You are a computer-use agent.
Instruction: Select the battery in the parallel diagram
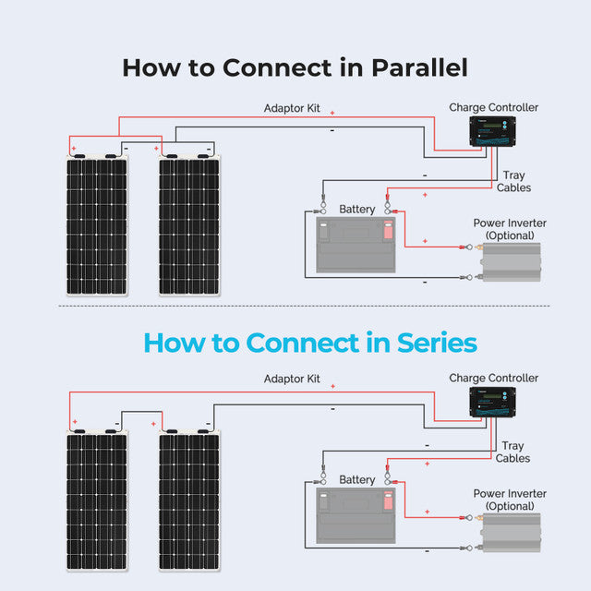click(x=356, y=245)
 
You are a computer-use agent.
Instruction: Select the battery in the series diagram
click(x=356, y=515)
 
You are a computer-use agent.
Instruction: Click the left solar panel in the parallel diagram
click(x=97, y=225)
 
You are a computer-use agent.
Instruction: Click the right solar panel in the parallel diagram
click(x=189, y=225)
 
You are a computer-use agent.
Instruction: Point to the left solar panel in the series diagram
click(x=97, y=501)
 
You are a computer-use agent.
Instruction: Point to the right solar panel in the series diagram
click(x=189, y=501)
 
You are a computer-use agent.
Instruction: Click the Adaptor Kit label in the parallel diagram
click(x=292, y=108)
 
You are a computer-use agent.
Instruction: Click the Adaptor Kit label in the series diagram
click(x=292, y=379)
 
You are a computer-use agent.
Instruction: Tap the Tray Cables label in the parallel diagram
click(x=513, y=182)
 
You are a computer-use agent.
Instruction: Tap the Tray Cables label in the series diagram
click(x=513, y=452)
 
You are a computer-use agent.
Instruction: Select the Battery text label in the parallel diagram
click(x=357, y=210)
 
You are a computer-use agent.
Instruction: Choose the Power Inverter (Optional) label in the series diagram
click(x=510, y=500)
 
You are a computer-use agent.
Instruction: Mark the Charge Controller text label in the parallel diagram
click(x=493, y=107)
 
